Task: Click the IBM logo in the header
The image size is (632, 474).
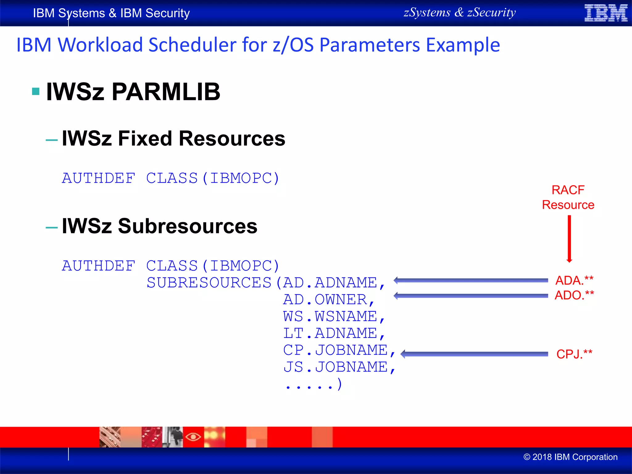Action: (606, 13)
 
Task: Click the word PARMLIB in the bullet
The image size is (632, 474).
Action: (166, 92)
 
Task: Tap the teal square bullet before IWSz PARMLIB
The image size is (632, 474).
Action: (36, 91)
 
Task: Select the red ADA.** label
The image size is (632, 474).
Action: (574, 280)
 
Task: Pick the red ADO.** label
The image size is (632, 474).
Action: (574, 295)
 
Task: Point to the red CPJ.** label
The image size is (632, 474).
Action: (574, 354)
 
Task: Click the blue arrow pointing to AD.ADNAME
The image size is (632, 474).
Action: (471, 280)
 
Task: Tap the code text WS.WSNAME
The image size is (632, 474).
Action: (333, 317)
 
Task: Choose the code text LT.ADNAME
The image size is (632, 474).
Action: (333, 334)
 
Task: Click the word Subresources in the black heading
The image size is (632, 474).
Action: (188, 226)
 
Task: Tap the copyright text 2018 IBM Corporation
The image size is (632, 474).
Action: (571, 457)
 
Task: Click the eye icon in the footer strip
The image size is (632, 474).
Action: (193, 437)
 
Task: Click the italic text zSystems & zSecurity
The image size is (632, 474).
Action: (459, 13)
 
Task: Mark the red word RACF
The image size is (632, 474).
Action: (568, 190)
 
